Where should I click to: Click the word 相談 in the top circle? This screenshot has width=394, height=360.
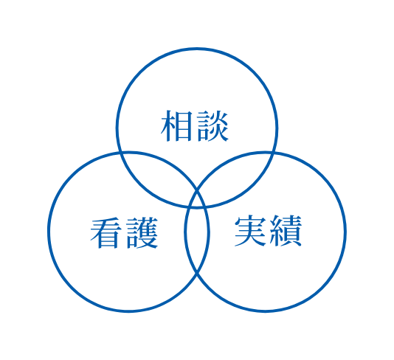click(x=195, y=125)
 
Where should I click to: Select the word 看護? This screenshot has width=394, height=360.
click(x=124, y=232)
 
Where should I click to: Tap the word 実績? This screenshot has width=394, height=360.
click(x=268, y=231)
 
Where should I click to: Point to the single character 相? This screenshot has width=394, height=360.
click(x=176, y=125)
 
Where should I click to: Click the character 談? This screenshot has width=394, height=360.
click(x=212, y=125)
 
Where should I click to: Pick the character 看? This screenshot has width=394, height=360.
click(x=106, y=233)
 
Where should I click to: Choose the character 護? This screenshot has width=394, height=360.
click(x=142, y=232)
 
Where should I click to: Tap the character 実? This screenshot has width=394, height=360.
click(x=250, y=231)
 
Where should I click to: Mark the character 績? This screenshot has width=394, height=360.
click(x=286, y=231)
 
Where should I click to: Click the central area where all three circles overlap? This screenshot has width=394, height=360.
click(x=197, y=201)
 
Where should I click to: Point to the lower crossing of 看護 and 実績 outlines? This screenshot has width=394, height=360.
click(x=197, y=272)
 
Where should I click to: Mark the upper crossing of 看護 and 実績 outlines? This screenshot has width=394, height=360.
click(x=197, y=191)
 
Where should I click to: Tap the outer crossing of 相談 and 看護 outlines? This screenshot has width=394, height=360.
click(x=120, y=153)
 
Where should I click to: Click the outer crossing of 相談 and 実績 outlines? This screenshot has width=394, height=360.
click(x=274, y=153)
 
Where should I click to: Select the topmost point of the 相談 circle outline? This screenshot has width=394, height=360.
click(x=197, y=49)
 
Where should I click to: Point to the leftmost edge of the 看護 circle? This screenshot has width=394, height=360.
click(x=49, y=232)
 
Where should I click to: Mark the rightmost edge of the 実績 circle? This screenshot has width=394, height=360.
click(x=345, y=232)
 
